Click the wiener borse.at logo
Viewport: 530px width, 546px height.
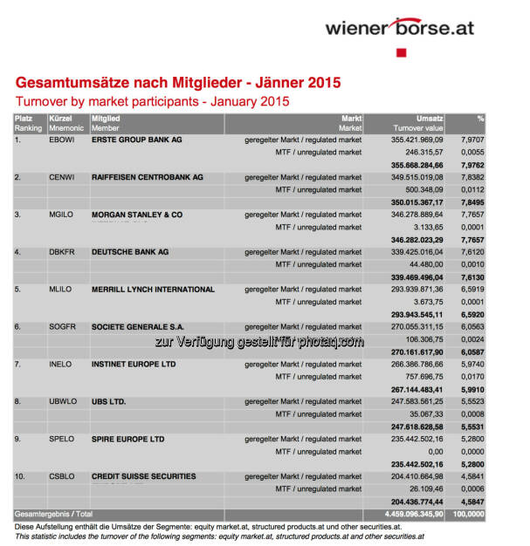(400, 27)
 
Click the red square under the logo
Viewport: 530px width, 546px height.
(402, 53)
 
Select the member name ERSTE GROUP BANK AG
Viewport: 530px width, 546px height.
(136, 140)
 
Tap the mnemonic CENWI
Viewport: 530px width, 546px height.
(63, 177)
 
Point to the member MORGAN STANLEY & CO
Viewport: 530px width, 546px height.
(137, 215)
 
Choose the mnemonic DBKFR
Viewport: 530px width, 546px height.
(63, 252)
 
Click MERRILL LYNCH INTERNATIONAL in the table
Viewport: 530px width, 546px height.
(153, 290)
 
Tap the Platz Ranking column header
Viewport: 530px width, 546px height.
(27, 122)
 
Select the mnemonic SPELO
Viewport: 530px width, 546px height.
(62, 439)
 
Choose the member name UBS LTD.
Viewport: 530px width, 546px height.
(109, 401)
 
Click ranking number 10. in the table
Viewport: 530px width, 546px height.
(23, 476)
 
